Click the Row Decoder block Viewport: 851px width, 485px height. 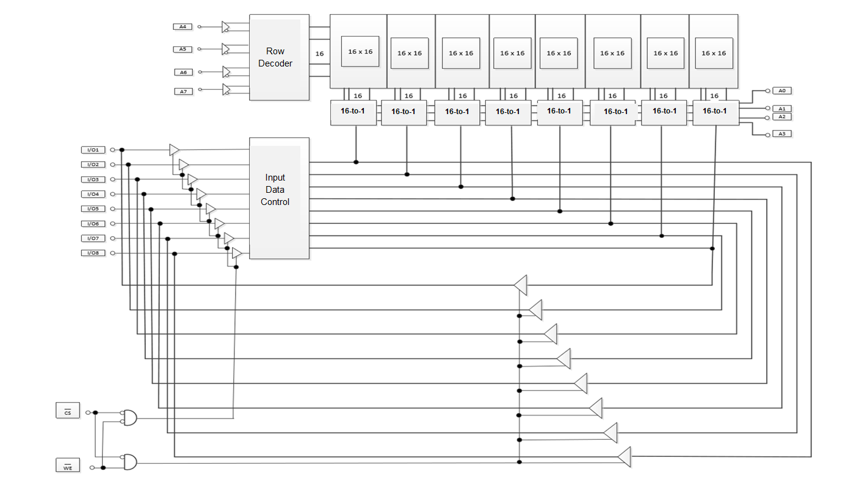(279, 57)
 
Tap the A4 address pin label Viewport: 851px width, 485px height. (183, 27)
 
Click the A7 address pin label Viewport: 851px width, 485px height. (183, 92)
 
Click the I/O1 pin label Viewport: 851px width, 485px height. (93, 150)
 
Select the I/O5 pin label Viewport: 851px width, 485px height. (93, 209)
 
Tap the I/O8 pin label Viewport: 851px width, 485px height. (93, 253)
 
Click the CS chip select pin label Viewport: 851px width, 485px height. (67, 411)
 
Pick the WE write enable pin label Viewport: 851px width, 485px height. (67, 465)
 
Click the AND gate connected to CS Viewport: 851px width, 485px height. (130, 417)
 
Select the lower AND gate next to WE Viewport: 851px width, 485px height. (130, 462)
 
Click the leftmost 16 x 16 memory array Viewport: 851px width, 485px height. (360, 52)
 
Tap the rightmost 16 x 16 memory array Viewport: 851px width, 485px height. (714, 53)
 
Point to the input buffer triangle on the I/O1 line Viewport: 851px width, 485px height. (175, 149)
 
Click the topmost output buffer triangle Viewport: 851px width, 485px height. (520, 285)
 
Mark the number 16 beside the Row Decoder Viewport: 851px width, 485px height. (319, 54)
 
